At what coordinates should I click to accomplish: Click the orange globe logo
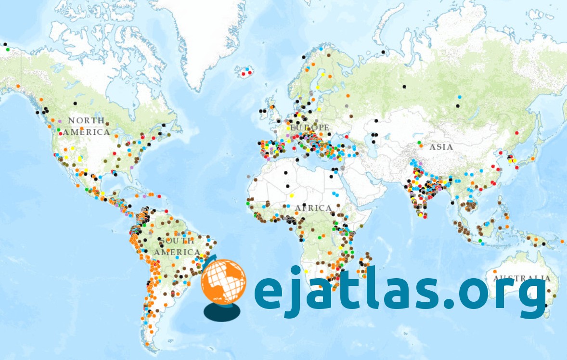(x=223, y=282)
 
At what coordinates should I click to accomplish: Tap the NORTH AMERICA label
(x=87, y=126)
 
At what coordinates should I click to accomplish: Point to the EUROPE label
(x=309, y=128)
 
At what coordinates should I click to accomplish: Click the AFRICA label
(x=313, y=208)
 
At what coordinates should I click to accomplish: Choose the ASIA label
(x=441, y=147)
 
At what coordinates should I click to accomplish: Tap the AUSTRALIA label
(x=522, y=278)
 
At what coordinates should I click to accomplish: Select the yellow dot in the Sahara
(x=291, y=195)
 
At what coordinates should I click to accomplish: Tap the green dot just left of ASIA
(x=419, y=142)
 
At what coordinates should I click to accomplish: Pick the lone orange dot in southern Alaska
(x=18, y=86)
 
